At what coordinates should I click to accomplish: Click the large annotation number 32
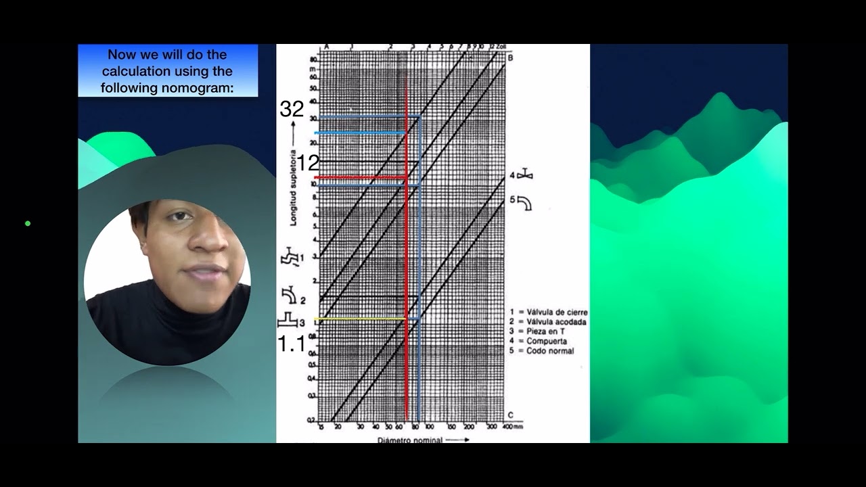click(x=292, y=110)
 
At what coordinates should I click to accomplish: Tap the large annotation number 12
click(x=308, y=162)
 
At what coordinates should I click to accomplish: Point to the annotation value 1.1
click(x=292, y=344)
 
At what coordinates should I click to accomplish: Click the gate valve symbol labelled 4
click(x=525, y=175)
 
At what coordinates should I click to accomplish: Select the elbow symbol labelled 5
click(x=524, y=202)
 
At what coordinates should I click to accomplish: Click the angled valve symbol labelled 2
click(x=290, y=296)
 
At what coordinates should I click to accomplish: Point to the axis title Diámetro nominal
click(x=410, y=440)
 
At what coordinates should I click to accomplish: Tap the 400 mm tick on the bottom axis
click(x=509, y=427)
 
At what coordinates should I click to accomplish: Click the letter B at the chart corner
click(x=510, y=57)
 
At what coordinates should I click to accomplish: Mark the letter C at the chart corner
click(x=510, y=414)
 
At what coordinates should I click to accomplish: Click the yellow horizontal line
click(x=362, y=319)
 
